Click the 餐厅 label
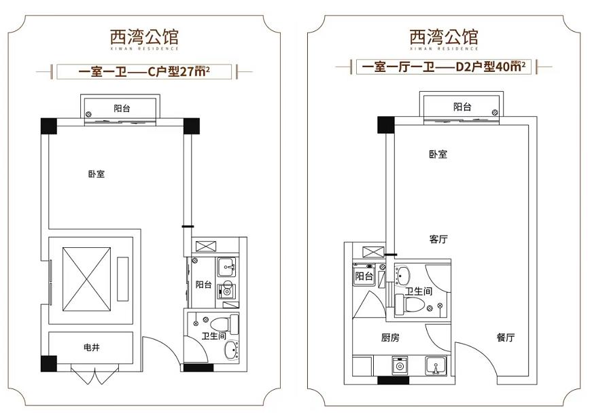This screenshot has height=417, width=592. click(x=505, y=338)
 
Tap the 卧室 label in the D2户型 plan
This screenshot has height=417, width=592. click(x=438, y=154)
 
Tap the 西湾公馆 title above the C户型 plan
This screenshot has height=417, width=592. click(x=145, y=34)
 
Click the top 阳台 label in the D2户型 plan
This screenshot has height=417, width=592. click(x=462, y=107)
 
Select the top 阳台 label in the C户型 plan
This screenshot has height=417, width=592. click(x=122, y=108)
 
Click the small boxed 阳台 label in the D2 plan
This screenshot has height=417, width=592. click(x=364, y=276)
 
